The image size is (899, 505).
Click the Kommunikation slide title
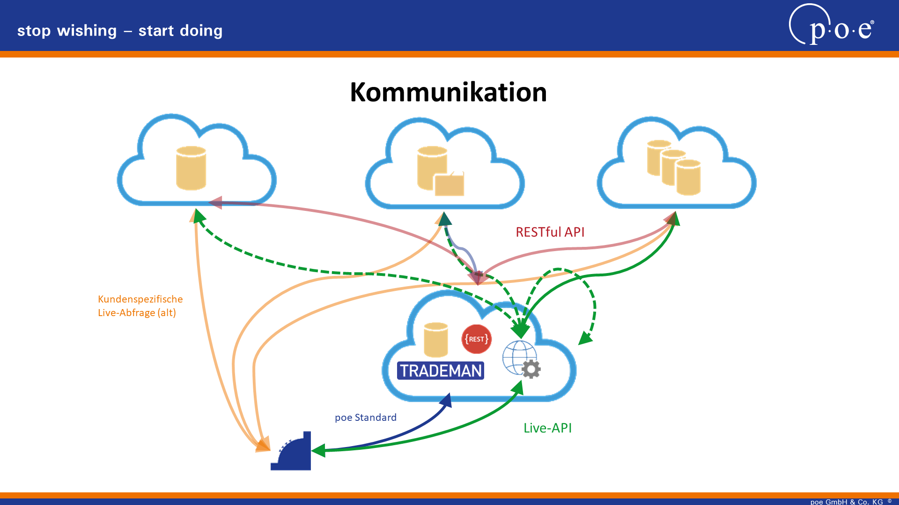448,92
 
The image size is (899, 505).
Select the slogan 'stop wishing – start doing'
120,31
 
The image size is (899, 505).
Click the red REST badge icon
476,339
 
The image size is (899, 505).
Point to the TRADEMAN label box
441,371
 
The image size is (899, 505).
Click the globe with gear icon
522,359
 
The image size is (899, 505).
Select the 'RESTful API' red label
550,232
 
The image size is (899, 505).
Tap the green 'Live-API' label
547,428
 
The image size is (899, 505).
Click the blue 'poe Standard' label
365,417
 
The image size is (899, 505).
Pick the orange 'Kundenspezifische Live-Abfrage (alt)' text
140,306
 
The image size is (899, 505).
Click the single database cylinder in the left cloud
191,168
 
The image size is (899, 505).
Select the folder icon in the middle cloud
449,184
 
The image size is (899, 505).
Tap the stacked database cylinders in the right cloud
674,167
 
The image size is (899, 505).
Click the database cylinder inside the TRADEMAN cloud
436,339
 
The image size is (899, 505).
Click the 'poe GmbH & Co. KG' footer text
847,502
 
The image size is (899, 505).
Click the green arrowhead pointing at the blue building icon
318,450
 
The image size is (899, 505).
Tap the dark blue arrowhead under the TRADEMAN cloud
446,400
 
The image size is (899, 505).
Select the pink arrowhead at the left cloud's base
215,202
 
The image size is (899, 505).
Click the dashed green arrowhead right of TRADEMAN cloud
585,338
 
